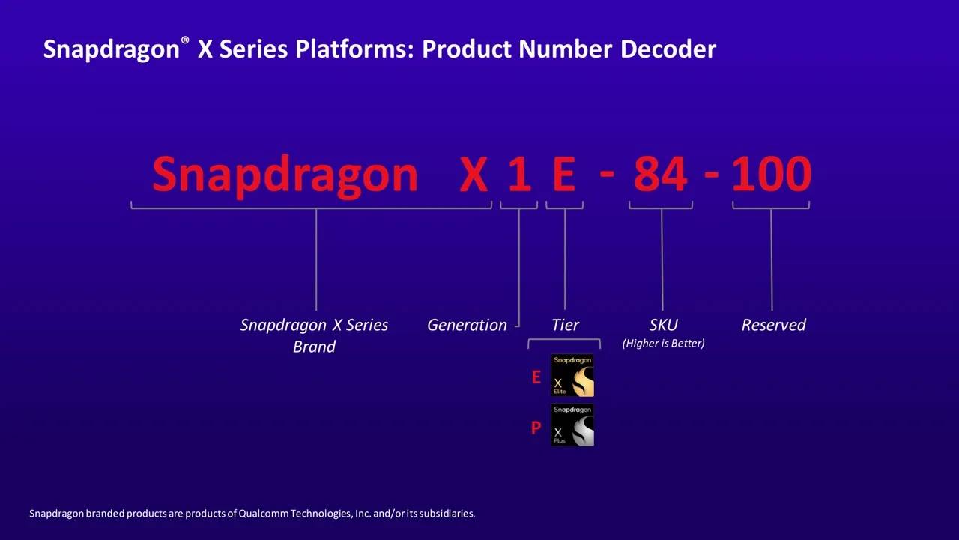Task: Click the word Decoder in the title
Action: (x=668, y=49)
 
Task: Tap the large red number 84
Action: (x=661, y=174)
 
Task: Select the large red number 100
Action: (x=772, y=174)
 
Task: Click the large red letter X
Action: (x=474, y=175)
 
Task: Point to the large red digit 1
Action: (x=519, y=175)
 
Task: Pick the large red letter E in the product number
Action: (x=564, y=175)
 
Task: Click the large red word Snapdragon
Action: (x=285, y=175)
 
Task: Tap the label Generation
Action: (x=467, y=325)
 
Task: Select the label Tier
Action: (x=565, y=325)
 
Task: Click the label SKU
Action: (x=663, y=325)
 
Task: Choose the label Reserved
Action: (x=774, y=325)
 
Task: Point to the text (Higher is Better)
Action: (x=663, y=343)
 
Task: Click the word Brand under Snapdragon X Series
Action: (x=314, y=346)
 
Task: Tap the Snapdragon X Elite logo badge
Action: (x=572, y=375)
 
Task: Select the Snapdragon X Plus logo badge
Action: (x=572, y=424)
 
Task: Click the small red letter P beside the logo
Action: (x=536, y=427)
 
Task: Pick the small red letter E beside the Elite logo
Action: (x=536, y=377)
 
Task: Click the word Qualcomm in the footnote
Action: (x=263, y=514)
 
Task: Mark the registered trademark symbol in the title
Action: (x=185, y=40)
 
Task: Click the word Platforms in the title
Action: (x=355, y=49)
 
